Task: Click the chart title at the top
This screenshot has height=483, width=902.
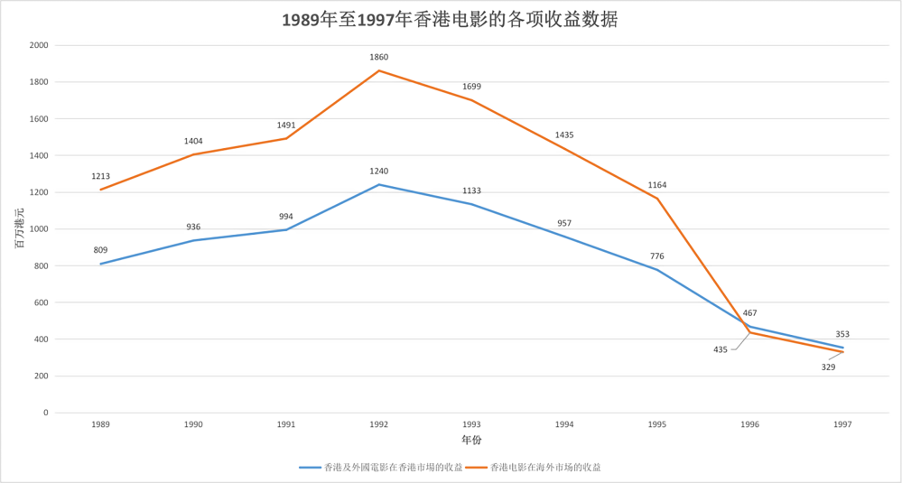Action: [450, 20]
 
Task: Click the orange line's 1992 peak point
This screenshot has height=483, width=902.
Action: [379, 70]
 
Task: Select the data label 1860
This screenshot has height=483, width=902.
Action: [379, 57]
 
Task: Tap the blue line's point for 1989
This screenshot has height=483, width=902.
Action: [101, 264]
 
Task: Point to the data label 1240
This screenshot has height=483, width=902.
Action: [379, 171]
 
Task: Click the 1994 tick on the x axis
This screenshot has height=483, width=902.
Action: [564, 423]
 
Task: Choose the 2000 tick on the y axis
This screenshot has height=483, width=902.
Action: [39, 45]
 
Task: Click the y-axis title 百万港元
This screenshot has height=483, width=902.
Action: [19, 228]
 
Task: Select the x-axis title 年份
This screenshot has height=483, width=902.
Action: [472, 440]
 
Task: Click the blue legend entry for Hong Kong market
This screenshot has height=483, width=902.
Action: [381, 468]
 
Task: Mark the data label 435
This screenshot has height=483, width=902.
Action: [720, 349]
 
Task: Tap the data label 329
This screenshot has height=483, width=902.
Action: [828, 367]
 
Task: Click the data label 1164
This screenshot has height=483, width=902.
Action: [657, 185]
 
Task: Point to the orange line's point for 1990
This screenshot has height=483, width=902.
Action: [193, 154]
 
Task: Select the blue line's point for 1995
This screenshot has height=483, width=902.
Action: [657, 270]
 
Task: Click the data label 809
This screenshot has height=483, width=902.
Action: [100, 249]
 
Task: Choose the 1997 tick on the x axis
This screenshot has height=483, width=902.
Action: [842, 423]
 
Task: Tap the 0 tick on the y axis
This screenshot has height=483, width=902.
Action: [45, 413]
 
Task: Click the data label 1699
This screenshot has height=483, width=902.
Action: [471, 87]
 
